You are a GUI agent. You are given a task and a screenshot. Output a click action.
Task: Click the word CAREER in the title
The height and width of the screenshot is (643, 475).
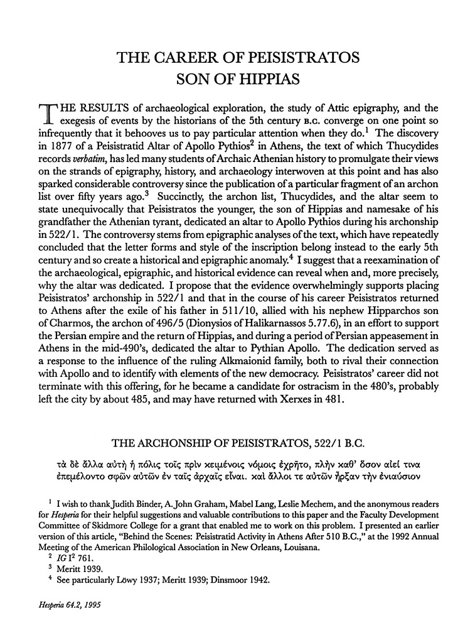pos(192,60)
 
